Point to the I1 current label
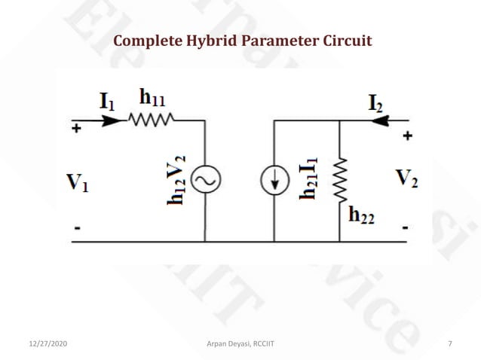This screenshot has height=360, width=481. (x=108, y=101)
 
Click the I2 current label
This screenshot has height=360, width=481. (x=375, y=104)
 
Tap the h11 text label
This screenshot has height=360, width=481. (x=153, y=96)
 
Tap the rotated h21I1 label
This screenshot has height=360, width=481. (x=309, y=178)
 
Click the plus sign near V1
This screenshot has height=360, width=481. (x=76, y=129)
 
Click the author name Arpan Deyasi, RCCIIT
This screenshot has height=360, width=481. (x=240, y=343)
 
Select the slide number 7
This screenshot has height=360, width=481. (x=450, y=343)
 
